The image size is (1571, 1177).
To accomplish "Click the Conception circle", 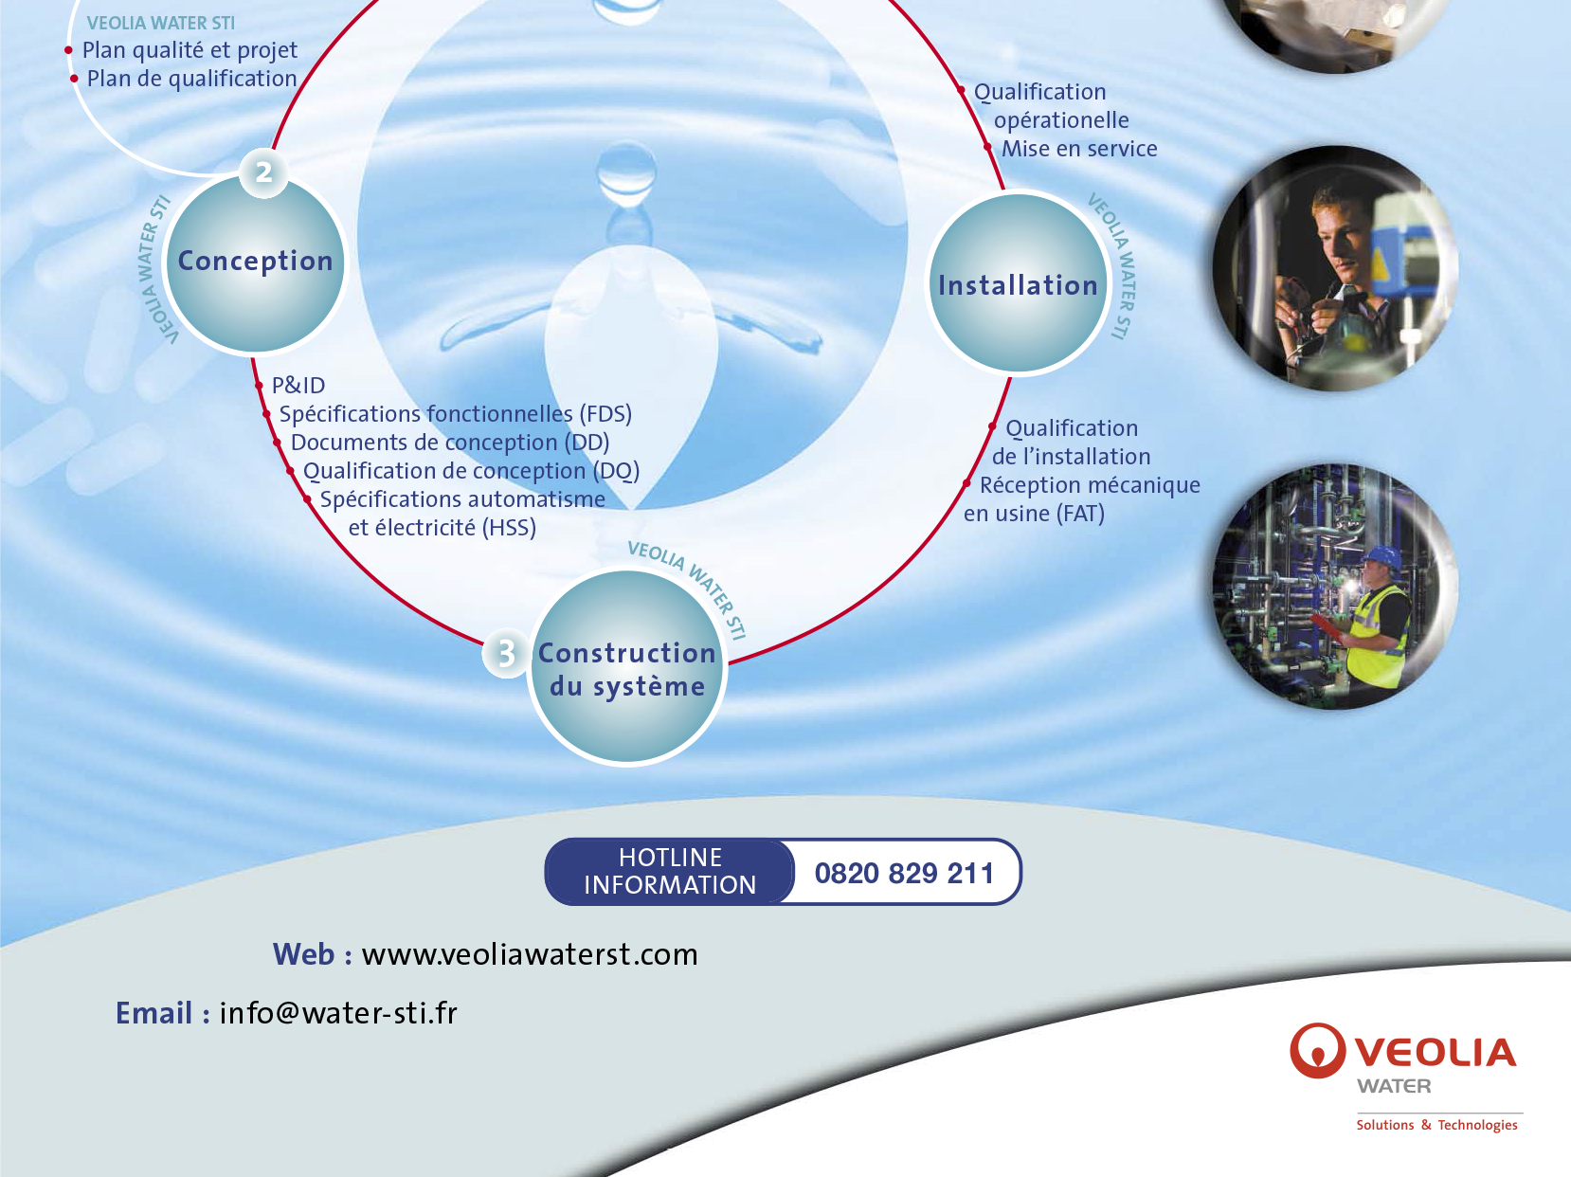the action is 255,263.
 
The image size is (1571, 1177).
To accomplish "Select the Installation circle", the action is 1017,283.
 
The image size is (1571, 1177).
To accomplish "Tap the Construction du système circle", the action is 627,667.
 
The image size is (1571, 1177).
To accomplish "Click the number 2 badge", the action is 263,172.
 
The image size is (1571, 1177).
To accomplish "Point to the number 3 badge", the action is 506,653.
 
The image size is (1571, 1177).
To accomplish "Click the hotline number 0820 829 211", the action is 904,873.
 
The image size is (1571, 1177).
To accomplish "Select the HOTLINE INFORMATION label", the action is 670,872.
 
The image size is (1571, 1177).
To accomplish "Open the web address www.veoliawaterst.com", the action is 530,954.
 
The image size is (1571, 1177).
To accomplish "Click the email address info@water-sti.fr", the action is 338,1013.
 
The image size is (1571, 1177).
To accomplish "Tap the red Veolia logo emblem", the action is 1317,1050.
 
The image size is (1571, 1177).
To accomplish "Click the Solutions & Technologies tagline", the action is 1436,1125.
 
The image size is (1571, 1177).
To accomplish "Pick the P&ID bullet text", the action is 298,386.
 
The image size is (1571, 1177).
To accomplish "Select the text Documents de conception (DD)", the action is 450,443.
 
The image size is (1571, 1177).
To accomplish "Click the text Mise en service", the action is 1079,149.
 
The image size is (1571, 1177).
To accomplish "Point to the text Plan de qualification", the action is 191,79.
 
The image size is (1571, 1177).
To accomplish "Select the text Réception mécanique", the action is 1090,485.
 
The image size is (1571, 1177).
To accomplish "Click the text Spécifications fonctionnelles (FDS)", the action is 455,414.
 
